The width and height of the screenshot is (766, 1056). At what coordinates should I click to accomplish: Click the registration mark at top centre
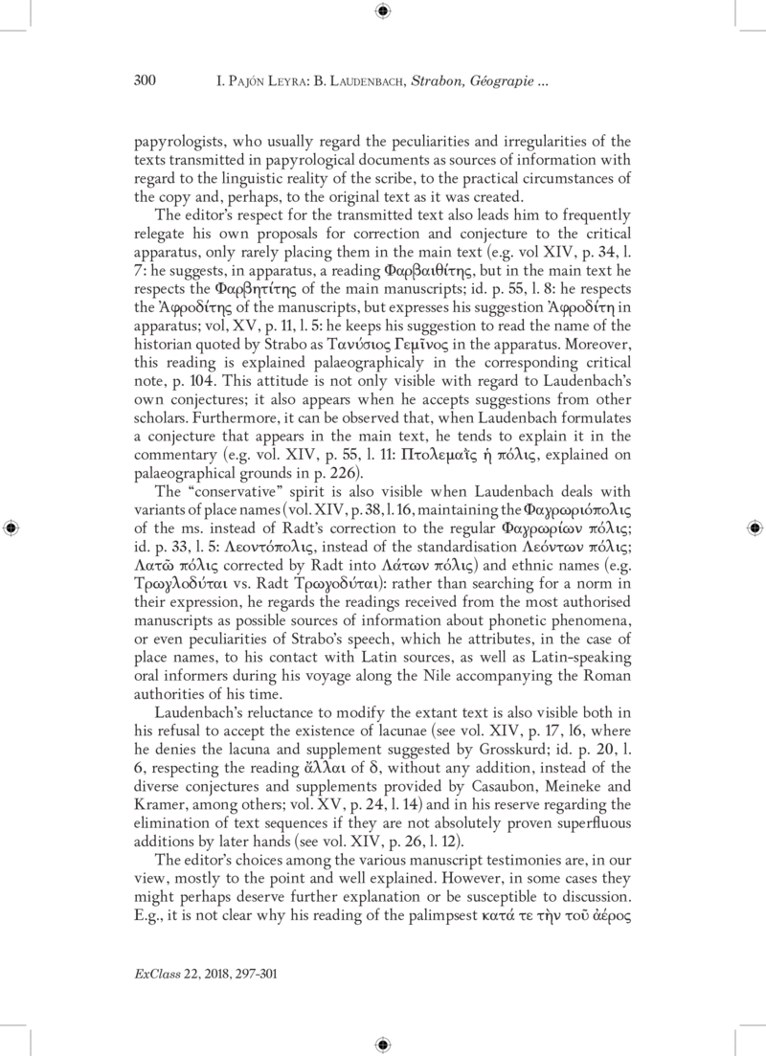383,11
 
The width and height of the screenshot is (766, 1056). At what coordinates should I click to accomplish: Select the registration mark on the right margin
754,528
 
